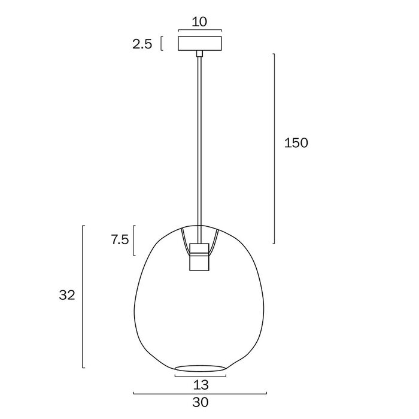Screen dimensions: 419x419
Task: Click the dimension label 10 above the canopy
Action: point(199,22)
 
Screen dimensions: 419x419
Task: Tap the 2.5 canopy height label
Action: point(142,44)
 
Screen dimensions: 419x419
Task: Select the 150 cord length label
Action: point(296,143)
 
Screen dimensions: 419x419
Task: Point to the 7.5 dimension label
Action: point(120,240)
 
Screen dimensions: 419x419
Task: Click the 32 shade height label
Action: point(67,295)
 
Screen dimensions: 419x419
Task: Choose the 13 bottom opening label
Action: point(201,385)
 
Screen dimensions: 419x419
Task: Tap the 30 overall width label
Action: point(200,402)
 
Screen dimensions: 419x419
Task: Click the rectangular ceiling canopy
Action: point(200,44)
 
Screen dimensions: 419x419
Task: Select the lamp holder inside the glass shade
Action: point(199,257)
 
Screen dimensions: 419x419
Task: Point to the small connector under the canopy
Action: point(199,53)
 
